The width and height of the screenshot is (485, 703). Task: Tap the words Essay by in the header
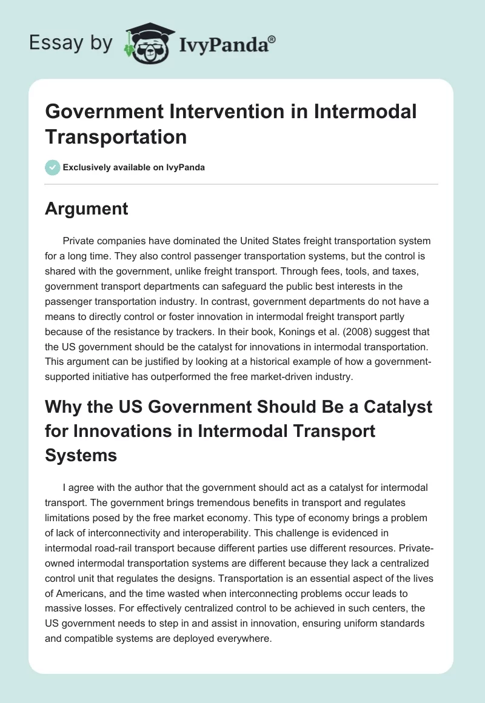71,43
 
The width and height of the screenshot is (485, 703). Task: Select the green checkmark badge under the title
52,167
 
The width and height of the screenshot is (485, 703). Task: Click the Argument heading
87,209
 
